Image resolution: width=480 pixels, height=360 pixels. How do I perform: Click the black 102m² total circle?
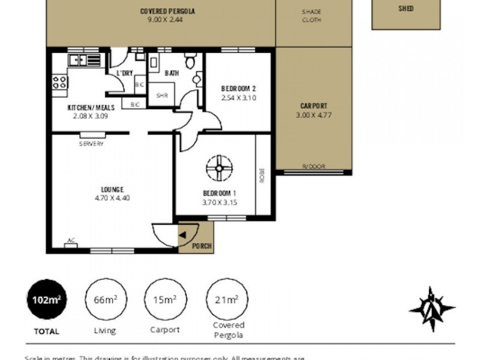coord(47,300)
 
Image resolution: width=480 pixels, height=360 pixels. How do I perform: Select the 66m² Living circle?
coord(104,300)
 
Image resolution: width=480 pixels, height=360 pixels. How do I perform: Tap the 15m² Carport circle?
coord(163,300)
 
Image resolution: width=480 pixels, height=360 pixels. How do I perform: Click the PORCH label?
coord(200,246)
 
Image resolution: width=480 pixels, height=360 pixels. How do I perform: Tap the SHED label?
coord(406,9)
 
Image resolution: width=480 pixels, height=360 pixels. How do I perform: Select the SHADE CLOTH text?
coord(312,16)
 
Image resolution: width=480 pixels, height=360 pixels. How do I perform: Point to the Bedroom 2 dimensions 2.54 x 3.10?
coord(239,97)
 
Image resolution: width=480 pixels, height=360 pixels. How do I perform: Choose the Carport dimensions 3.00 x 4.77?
coord(313,115)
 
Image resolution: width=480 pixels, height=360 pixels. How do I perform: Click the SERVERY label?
coord(91,144)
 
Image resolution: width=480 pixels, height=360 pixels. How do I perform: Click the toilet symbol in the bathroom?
coord(190,61)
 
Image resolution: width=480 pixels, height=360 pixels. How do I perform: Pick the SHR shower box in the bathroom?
coord(161,95)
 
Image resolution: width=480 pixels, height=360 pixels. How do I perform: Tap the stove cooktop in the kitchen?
coord(59,82)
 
